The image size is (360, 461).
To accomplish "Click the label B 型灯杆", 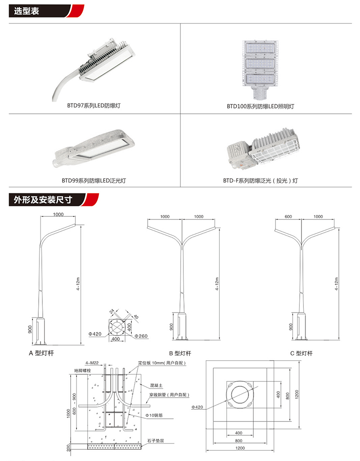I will pos(180,354).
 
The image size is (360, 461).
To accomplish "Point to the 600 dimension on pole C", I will pos(288,217).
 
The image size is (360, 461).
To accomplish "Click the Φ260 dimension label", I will pos(141,336).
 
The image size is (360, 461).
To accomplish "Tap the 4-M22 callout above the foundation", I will pos(91,363).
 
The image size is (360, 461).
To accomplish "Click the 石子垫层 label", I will pos(155,441).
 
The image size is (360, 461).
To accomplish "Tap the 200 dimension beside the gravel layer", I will pos(68,447).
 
